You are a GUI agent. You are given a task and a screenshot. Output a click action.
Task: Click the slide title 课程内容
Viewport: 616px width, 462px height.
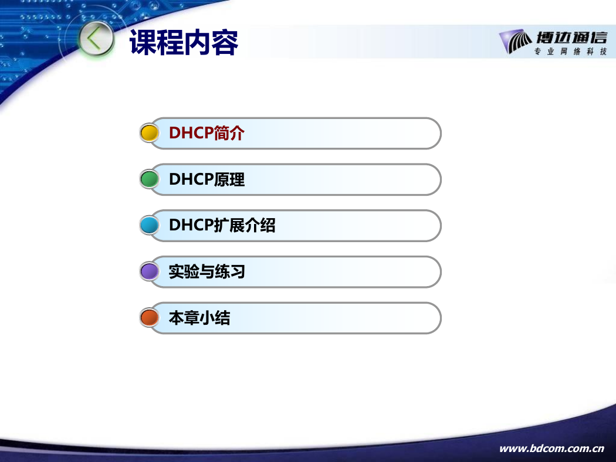[184, 42]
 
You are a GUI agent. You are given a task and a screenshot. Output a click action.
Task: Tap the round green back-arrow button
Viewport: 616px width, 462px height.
[96, 40]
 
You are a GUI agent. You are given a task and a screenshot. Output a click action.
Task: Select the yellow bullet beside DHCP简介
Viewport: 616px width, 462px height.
[149, 133]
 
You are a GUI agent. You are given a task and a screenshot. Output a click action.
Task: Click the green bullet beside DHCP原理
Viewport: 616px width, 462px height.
[149, 179]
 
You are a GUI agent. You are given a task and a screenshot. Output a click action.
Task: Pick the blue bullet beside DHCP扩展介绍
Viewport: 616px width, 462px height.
[149, 225]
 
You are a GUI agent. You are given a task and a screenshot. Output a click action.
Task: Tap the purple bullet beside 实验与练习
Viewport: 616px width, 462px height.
[149, 271]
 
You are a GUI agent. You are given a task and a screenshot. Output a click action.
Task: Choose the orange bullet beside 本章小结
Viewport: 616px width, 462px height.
[149, 318]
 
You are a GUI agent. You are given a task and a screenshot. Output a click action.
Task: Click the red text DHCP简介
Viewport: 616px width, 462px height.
[207, 133]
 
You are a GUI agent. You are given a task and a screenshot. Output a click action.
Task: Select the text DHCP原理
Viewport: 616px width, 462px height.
[207, 179]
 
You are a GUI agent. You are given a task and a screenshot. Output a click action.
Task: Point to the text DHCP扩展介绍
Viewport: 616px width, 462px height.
[222, 225]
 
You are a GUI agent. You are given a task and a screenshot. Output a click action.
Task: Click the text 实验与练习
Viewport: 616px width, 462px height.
[207, 271]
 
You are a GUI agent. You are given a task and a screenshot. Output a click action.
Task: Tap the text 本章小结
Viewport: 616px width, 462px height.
[199, 318]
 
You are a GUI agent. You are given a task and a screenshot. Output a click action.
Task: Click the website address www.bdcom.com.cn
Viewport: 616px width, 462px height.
[551, 449]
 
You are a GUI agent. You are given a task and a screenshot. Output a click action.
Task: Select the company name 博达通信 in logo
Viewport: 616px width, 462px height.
[571, 38]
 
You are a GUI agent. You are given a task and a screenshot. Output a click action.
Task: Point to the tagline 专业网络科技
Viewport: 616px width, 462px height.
[570, 52]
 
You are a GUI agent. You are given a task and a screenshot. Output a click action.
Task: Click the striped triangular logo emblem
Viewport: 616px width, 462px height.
[515, 41]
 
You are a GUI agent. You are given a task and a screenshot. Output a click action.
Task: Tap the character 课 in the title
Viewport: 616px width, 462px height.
[143, 42]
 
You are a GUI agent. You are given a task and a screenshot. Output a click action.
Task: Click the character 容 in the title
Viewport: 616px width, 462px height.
[225, 42]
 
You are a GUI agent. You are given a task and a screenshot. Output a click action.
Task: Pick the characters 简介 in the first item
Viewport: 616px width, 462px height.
[229, 133]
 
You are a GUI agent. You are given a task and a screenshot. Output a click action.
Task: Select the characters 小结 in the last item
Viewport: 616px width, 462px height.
[215, 318]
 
